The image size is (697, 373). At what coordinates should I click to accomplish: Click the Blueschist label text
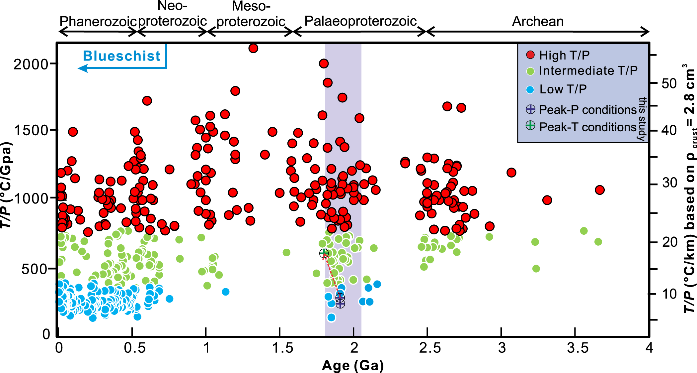pyautogui.click(x=121, y=56)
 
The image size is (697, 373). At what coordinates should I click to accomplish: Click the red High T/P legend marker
pyautogui.click(x=530, y=55)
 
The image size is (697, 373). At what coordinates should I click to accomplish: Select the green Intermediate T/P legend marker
pyautogui.click(x=530, y=71)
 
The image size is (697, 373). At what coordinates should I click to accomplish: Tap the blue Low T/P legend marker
pyautogui.click(x=530, y=89)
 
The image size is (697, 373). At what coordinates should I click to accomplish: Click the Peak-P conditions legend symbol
pyautogui.click(x=530, y=109)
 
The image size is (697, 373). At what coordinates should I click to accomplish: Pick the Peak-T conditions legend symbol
pyautogui.click(x=530, y=126)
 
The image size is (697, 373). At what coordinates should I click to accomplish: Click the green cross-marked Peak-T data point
pyautogui.click(x=324, y=253)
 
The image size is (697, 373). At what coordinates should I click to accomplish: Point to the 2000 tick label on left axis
pyautogui.click(x=31, y=64)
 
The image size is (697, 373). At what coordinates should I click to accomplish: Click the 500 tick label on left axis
pyautogui.click(x=35, y=269)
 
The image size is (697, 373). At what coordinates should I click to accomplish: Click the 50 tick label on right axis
pyautogui.click(x=669, y=83)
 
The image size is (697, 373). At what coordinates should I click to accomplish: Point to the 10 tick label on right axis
pyautogui.click(x=669, y=294)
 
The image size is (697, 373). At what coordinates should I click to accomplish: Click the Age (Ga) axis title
pyautogui.click(x=353, y=365)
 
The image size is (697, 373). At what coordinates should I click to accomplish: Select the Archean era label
pyautogui.click(x=538, y=22)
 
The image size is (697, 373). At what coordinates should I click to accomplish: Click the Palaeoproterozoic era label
pyautogui.click(x=360, y=21)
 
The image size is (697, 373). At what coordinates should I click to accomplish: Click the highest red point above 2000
pyautogui.click(x=253, y=48)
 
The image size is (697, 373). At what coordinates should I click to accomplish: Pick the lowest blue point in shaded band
pyautogui.click(x=331, y=317)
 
